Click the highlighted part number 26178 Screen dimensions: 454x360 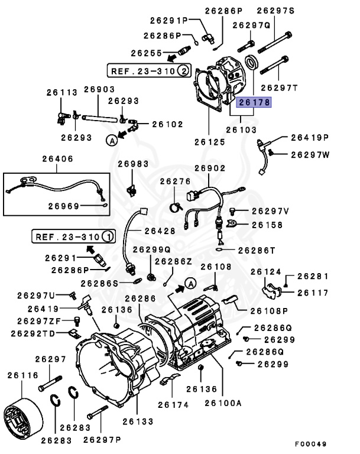[x=254, y=102]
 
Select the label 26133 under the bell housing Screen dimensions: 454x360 [x=138, y=421]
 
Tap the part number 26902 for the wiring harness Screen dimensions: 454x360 [x=210, y=168]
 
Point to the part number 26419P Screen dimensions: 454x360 [x=309, y=138]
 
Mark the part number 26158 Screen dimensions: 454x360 [x=267, y=225]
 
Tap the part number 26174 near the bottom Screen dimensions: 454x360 [x=173, y=406]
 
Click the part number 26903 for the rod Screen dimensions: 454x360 [x=99, y=89]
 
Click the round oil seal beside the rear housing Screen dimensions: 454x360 [x=252, y=62]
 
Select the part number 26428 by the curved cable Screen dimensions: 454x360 [x=160, y=230]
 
